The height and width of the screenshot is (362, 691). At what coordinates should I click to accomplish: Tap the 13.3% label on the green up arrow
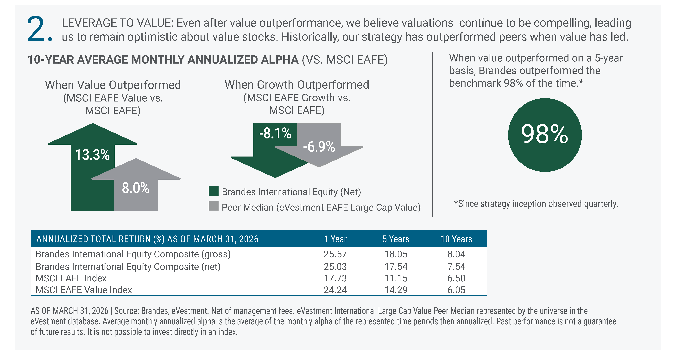coord(92,155)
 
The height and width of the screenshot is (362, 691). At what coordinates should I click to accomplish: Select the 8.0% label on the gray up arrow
coord(136,188)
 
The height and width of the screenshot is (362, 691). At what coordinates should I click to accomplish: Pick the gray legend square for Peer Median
coord(214,206)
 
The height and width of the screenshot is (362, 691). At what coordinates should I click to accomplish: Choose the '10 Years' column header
coord(456,239)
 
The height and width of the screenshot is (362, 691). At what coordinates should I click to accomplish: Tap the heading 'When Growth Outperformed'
coord(297,85)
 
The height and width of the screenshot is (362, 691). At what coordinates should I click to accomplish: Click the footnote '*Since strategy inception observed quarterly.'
coord(536,204)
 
